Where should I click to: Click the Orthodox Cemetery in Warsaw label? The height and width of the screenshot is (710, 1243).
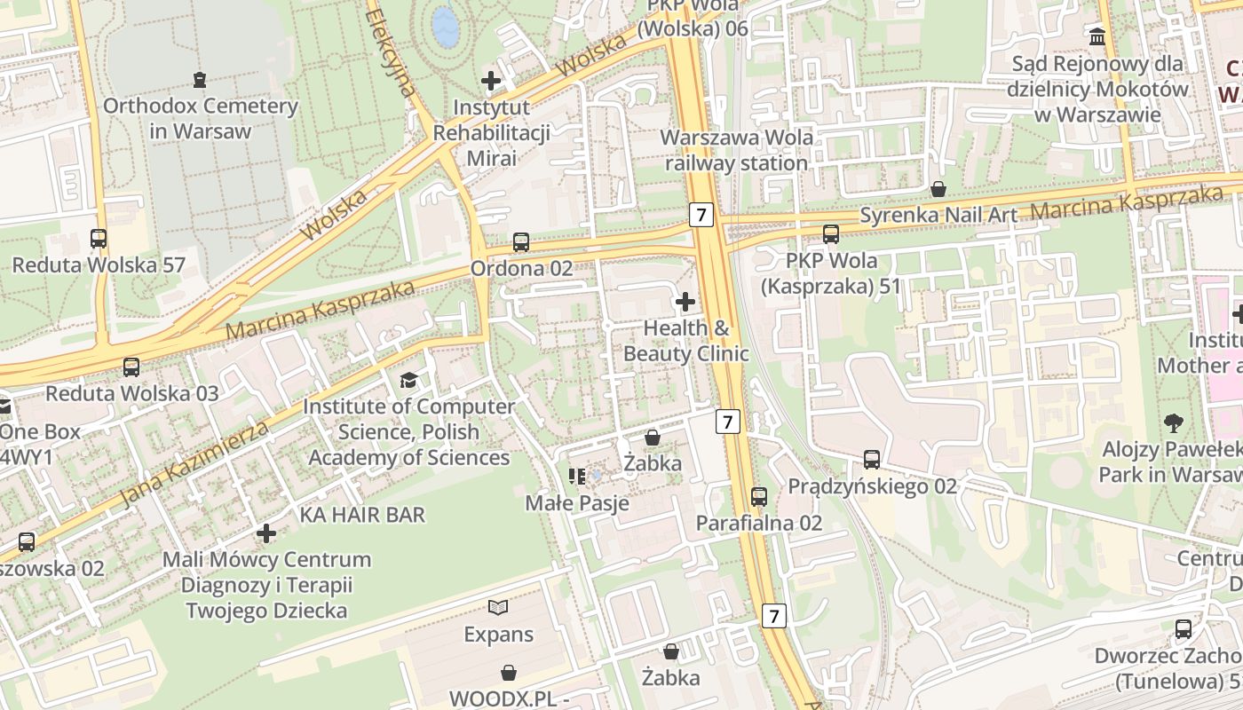[x=201, y=118]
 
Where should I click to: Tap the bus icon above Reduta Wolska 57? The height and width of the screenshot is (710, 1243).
[x=99, y=238]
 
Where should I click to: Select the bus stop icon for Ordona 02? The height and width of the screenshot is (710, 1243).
[x=521, y=241]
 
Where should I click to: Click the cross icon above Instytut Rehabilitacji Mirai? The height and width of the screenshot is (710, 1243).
[x=491, y=81]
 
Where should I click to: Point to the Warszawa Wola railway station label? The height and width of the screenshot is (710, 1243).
[x=737, y=151]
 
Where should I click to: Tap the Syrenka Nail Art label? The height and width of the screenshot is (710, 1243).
[x=939, y=214]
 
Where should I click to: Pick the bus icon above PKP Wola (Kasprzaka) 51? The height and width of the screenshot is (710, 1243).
[x=831, y=234]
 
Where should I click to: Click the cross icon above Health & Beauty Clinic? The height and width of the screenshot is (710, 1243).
[x=685, y=302]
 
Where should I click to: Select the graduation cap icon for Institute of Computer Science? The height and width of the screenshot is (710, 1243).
[x=408, y=380]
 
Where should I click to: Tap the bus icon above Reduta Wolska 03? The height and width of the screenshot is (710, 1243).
[x=131, y=366]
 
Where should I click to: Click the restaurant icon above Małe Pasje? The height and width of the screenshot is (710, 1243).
[x=577, y=477]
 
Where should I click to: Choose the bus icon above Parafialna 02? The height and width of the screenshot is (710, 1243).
[x=759, y=496]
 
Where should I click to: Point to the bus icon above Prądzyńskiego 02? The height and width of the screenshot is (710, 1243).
[x=872, y=459]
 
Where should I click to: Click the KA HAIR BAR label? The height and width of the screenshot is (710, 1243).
[x=362, y=515]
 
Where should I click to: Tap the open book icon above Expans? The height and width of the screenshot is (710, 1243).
[x=499, y=608]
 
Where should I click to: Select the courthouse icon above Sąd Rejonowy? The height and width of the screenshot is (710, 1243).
[x=1097, y=37]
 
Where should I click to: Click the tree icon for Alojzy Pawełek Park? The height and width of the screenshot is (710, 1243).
[x=1174, y=422]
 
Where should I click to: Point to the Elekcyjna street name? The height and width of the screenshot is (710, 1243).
[x=391, y=53]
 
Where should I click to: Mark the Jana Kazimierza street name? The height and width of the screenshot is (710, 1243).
[x=194, y=464]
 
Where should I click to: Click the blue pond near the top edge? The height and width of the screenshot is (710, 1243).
[x=445, y=26]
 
